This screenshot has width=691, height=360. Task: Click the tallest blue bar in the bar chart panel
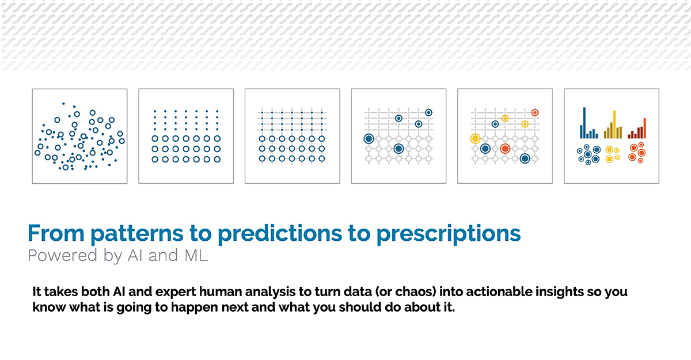point(584,123)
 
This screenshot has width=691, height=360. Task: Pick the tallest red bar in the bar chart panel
point(644,128)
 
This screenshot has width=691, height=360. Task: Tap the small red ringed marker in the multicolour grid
point(535,112)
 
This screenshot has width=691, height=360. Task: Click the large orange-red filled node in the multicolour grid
point(505,149)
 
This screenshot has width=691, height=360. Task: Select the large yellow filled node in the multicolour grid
point(475,139)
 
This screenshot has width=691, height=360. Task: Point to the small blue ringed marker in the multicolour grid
point(495,124)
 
